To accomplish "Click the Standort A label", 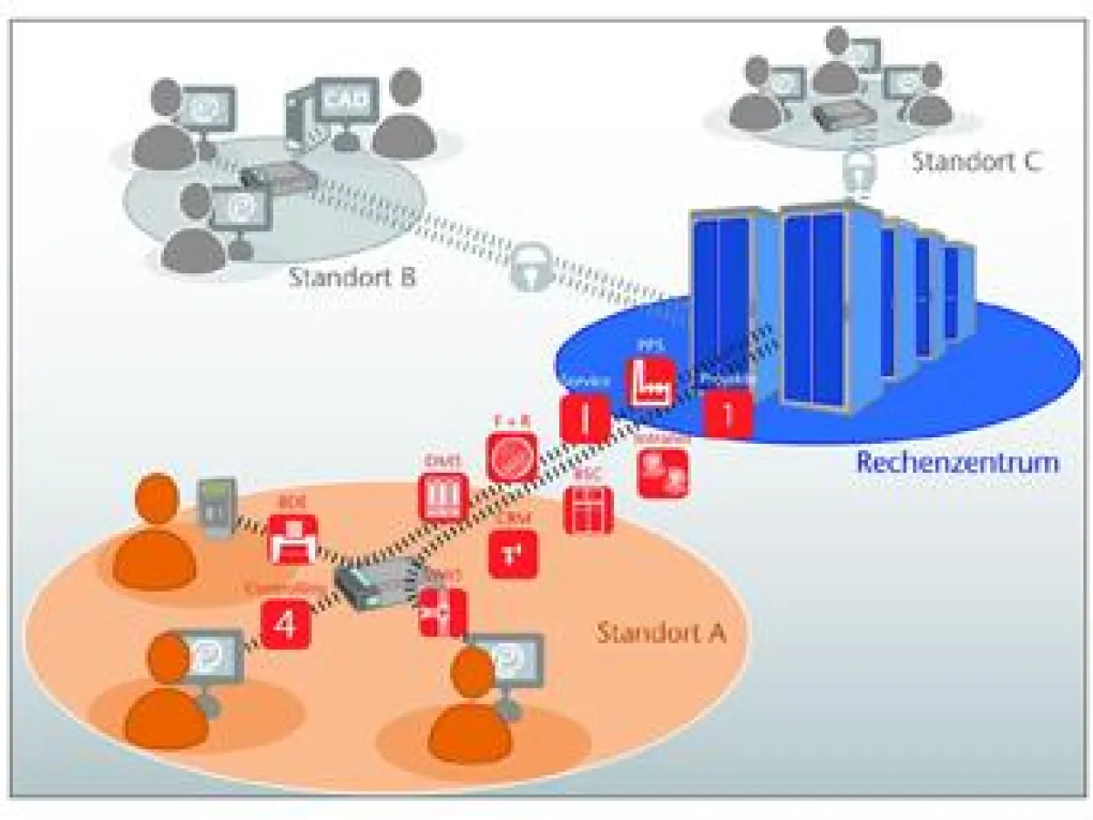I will [660, 631].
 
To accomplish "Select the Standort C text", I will [976, 163].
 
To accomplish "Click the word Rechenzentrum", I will [956, 462].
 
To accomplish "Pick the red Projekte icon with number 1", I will [728, 414].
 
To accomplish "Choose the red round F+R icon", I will [513, 456].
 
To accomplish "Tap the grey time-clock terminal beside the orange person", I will [218, 507].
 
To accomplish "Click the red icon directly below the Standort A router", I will [443, 613].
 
